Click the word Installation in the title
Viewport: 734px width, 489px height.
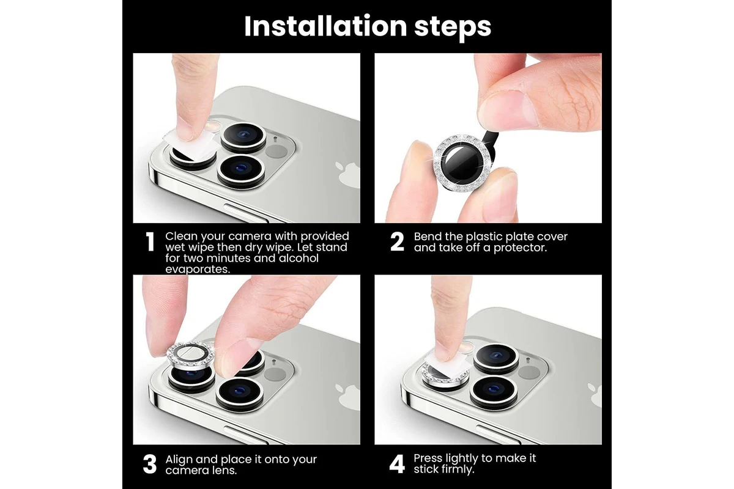[x=325, y=26]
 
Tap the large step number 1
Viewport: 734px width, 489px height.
[x=150, y=242]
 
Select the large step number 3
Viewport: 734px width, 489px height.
[x=150, y=464]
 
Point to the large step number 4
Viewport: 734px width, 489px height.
[x=397, y=464]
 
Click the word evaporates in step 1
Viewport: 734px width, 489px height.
[x=198, y=269]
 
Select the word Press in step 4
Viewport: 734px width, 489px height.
[x=428, y=458]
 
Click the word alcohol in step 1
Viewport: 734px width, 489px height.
[x=298, y=258]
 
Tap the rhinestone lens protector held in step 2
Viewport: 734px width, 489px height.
[x=462, y=163]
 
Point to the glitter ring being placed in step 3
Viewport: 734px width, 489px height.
[x=190, y=355]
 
